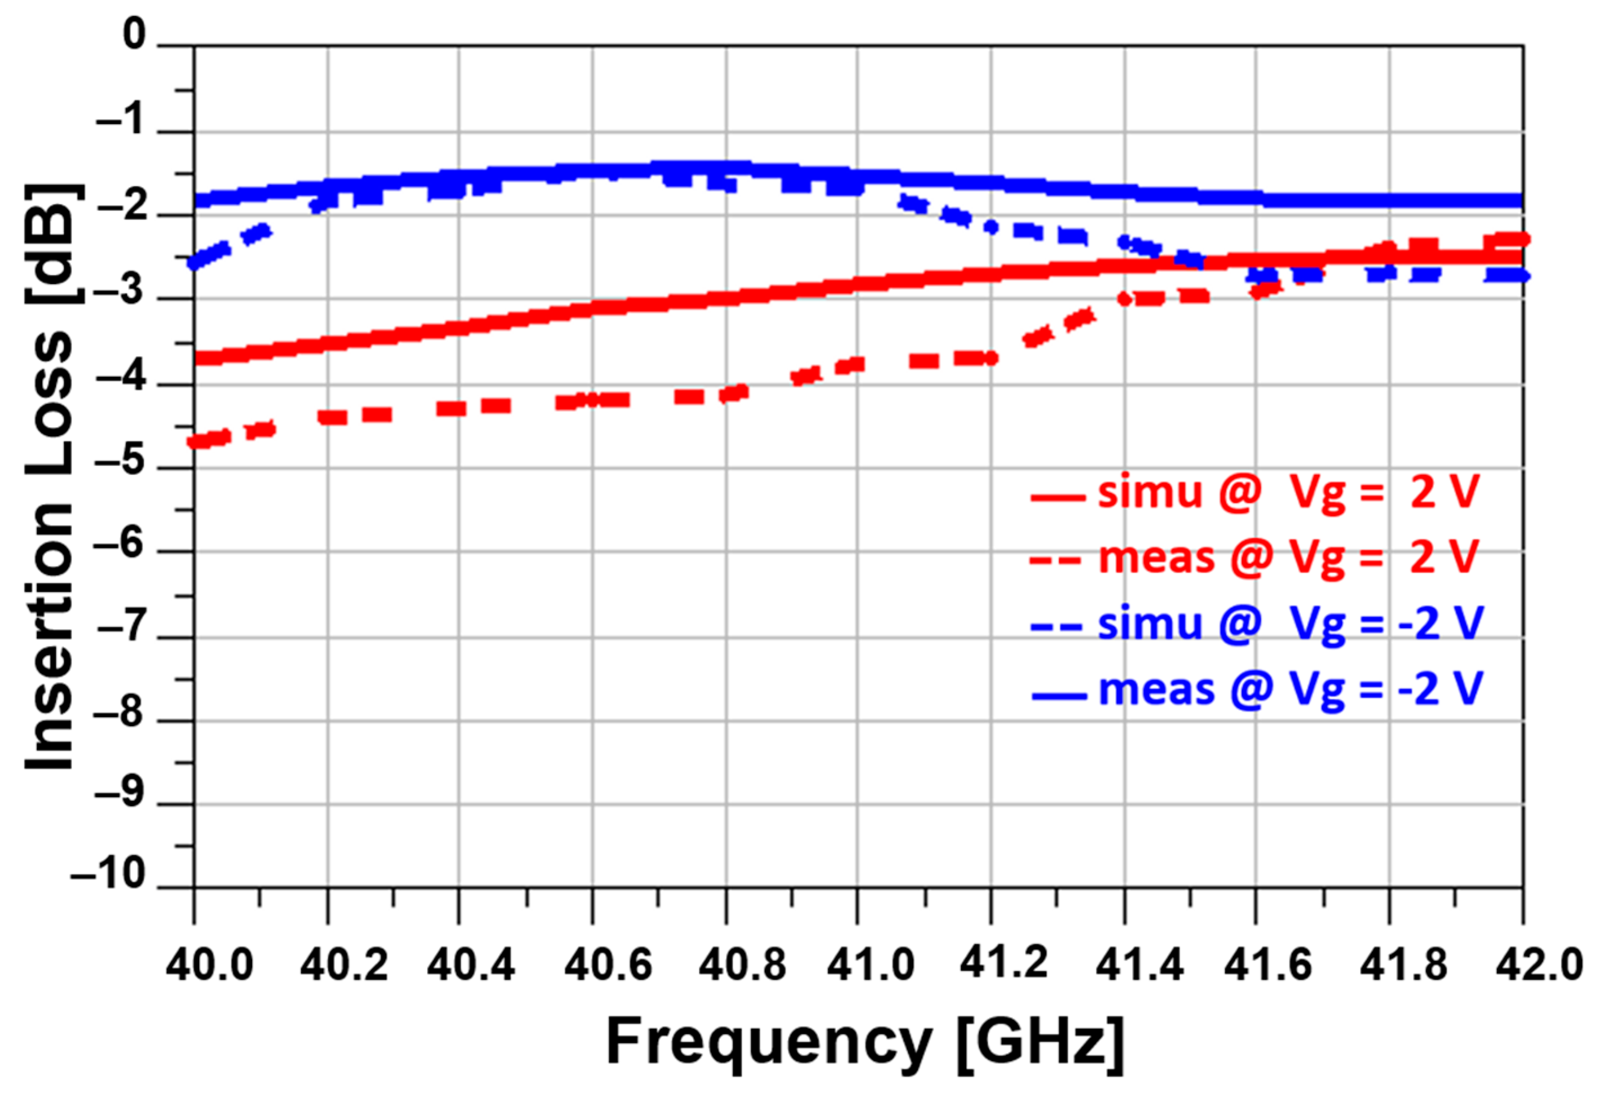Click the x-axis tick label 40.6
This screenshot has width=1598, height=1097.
point(607,966)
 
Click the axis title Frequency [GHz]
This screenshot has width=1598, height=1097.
point(865,1043)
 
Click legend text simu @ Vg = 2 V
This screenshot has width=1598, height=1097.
point(1287,492)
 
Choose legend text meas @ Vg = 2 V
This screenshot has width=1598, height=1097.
point(1287,557)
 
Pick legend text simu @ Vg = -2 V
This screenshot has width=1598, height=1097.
point(1289,623)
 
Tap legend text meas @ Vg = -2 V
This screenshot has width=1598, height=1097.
point(1290,689)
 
